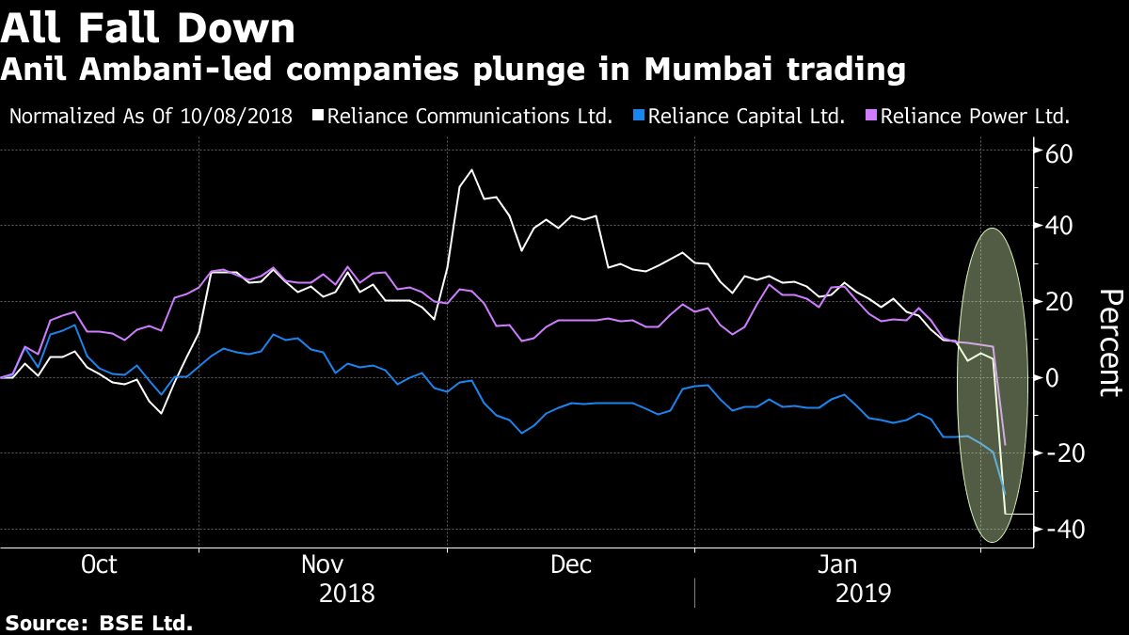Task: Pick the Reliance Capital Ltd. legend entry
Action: coord(746,118)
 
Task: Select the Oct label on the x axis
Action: coord(99,564)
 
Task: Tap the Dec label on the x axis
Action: coord(571,564)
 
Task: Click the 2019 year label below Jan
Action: coord(862,595)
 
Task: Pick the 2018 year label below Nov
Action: coord(347,595)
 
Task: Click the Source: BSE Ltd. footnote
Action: coord(99,623)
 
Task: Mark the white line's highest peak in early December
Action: coord(471,170)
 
